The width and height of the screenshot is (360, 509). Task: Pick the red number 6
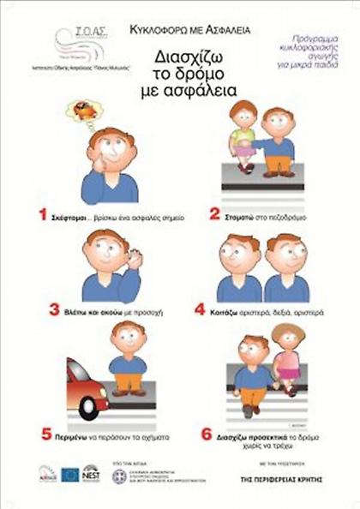click(206, 434)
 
